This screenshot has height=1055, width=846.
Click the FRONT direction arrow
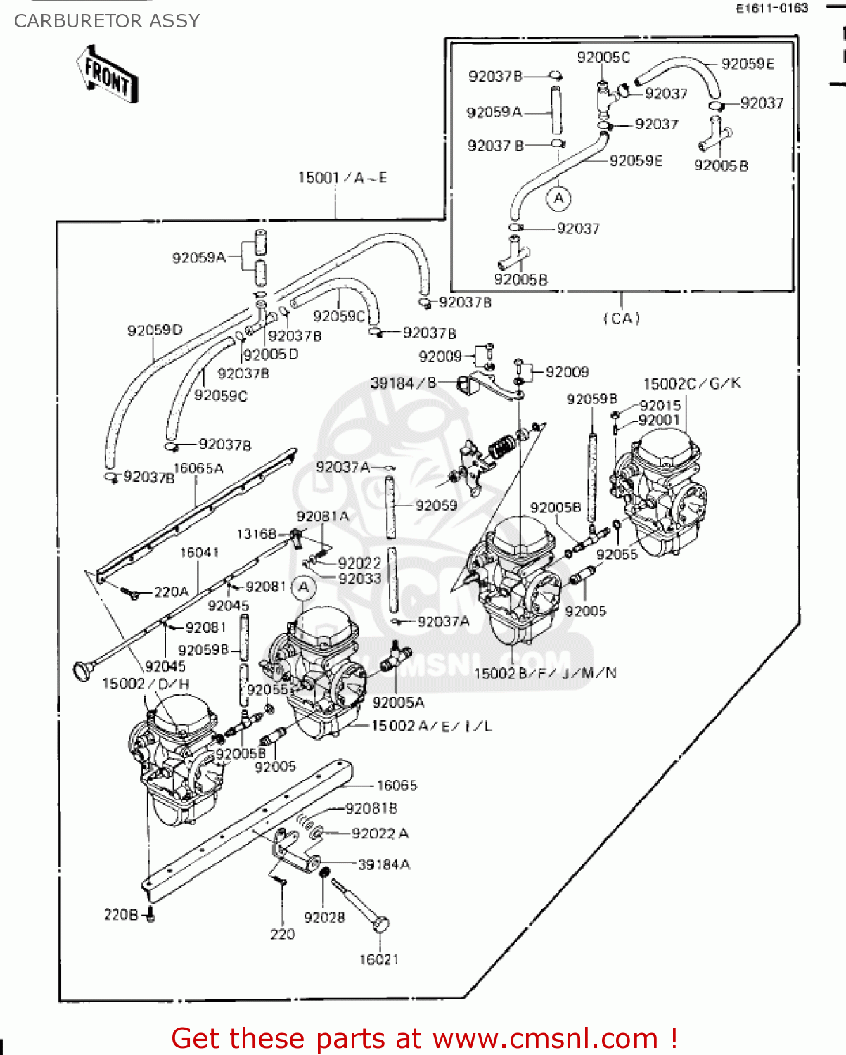coord(107,74)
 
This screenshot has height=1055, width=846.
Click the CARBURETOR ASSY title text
coord(107,21)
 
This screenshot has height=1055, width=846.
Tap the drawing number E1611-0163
coord(771,8)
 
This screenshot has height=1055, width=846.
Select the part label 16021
coord(379,959)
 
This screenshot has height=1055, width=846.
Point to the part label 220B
coord(121,914)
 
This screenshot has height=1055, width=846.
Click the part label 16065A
coord(198,468)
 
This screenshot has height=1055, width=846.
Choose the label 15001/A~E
coord(342,177)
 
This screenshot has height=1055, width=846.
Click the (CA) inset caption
coord(622,319)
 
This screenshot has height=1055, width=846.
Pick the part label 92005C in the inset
coord(603,58)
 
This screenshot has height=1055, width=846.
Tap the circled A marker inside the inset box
coord(559,198)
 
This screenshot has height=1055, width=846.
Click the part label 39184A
coord(384,864)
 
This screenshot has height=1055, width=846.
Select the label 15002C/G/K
coord(692,383)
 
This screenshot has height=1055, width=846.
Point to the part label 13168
coord(257,534)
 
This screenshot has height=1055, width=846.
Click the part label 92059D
coord(155,330)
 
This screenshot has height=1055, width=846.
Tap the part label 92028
coord(324,917)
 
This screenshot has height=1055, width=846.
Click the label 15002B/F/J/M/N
coord(545,673)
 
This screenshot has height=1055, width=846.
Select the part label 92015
coord(660,406)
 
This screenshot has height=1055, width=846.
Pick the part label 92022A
coord(380,833)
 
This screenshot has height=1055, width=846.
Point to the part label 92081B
coord(371,809)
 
